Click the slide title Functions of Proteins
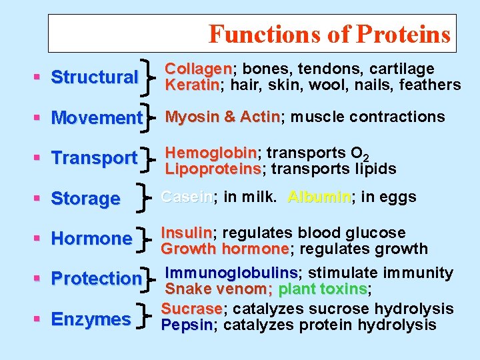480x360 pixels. click(x=329, y=34)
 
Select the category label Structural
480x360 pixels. click(x=94, y=77)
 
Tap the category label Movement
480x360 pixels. click(x=97, y=118)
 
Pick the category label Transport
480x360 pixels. click(x=94, y=159)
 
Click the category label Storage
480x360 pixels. click(x=85, y=199)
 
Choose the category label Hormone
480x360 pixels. click(x=91, y=239)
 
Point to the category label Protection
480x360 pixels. click(x=97, y=279)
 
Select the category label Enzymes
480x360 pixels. click(x=91, y=319)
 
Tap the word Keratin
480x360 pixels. click(x=193, y=85)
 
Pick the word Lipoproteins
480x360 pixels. click(x=213, y=169)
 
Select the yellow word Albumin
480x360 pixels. click(x=319, y=197)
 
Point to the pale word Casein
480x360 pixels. click(x=187, y=197)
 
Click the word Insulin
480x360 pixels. click(x=187, y=233)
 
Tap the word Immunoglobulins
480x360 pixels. click(x=232, y=273)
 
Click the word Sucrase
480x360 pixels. click(x=192, y=309)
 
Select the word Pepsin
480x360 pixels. click(x=187, y=325)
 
